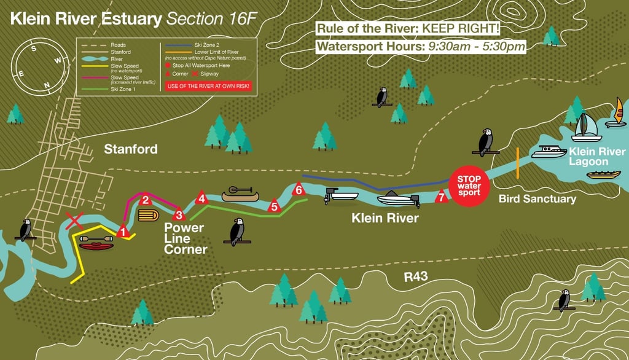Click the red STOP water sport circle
[x=469, y=186]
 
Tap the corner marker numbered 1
[x=123, y=232]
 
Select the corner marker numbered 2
[x=146, y=198]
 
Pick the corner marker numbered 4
[x=201, y=198]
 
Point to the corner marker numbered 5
[x=274, y=206]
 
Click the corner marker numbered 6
[x=299, y=190]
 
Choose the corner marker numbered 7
[x=440, y=197]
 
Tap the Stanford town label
[x=130, y=149]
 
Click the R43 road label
[x=415, y=276]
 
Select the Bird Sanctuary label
[x=537, y=199]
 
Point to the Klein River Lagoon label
[x=596, y=157]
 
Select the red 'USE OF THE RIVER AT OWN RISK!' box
[x=209, y=86]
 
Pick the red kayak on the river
[x=96, y=246]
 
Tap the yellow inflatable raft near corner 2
[x=148, y=215]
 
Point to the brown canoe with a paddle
[x=240, y=195]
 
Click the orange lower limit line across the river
[x=518, y=163]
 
